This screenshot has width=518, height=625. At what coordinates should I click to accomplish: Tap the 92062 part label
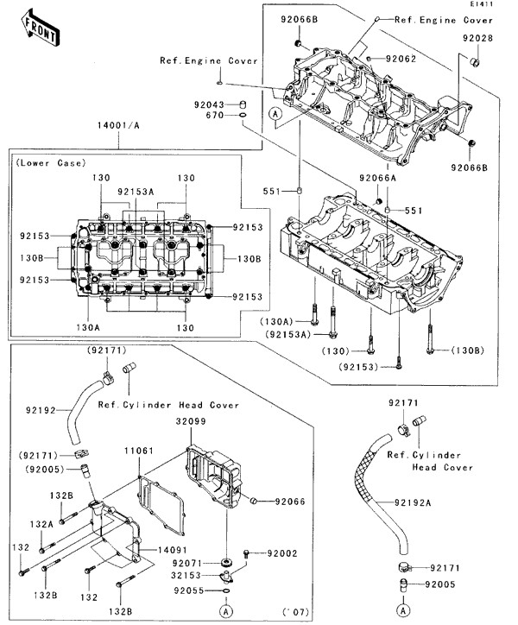click(401, 59)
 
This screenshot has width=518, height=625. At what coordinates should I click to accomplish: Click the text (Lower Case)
click(48, 162)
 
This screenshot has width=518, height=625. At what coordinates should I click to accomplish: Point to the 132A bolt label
click(42, 524)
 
